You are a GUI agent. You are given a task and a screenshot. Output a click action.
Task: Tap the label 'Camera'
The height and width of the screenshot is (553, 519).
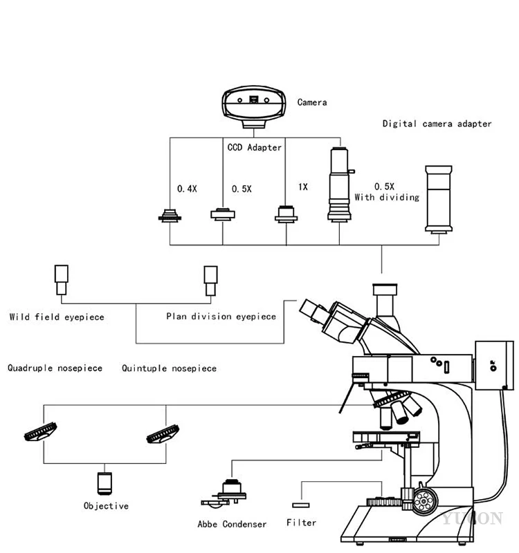pyautogui.click(x=312, y=102)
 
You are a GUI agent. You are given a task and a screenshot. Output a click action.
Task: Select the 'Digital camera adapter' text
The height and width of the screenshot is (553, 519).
pyautogui.click(x=437, y=124)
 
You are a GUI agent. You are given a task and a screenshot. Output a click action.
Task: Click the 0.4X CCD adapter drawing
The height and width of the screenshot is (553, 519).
pyautogui.click(x=170, y=216)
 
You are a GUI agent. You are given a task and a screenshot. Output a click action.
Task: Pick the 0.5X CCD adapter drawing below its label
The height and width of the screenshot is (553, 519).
pyautogui.click(x=223, y=214)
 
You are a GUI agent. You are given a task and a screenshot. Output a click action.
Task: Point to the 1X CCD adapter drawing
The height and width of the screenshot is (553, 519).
pyautogui.click(x=286, y=214)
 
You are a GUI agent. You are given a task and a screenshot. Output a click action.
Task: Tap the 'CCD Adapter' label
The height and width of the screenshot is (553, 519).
pyautogui.click(x=255, y=147)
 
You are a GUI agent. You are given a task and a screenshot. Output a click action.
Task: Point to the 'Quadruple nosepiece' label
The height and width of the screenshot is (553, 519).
pyautogui.click(x=55, y=368)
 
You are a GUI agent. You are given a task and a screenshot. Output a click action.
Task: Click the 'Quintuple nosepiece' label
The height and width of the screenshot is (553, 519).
pyautogui.click(x=169, y=368)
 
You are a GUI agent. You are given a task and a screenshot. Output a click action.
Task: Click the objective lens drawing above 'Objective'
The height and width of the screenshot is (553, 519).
pyautogui.click(x=104, y=483)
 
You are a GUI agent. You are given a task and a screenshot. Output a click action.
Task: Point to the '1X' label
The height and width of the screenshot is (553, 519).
pyautogui.click(x=302, y=187)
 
